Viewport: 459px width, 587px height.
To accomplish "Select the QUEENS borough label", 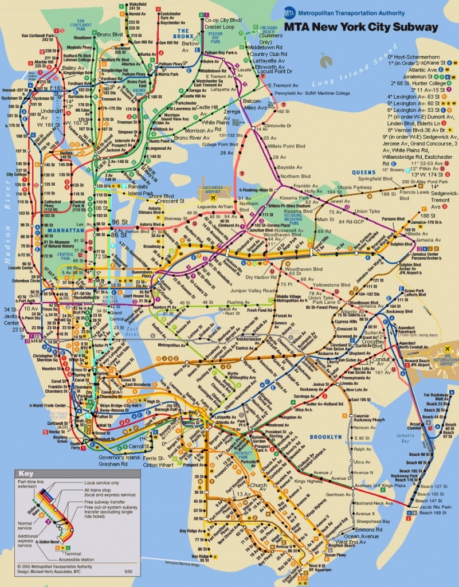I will pos(364,172).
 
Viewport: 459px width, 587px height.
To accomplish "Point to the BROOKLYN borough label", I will pos(325,437).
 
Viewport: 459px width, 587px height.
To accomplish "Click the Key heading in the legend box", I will pos(26,473).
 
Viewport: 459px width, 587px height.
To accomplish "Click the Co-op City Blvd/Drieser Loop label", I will pos(223,24).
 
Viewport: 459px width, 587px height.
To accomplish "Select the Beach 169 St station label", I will pos(432,513).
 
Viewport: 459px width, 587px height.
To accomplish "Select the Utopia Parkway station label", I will pos(354,187).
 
